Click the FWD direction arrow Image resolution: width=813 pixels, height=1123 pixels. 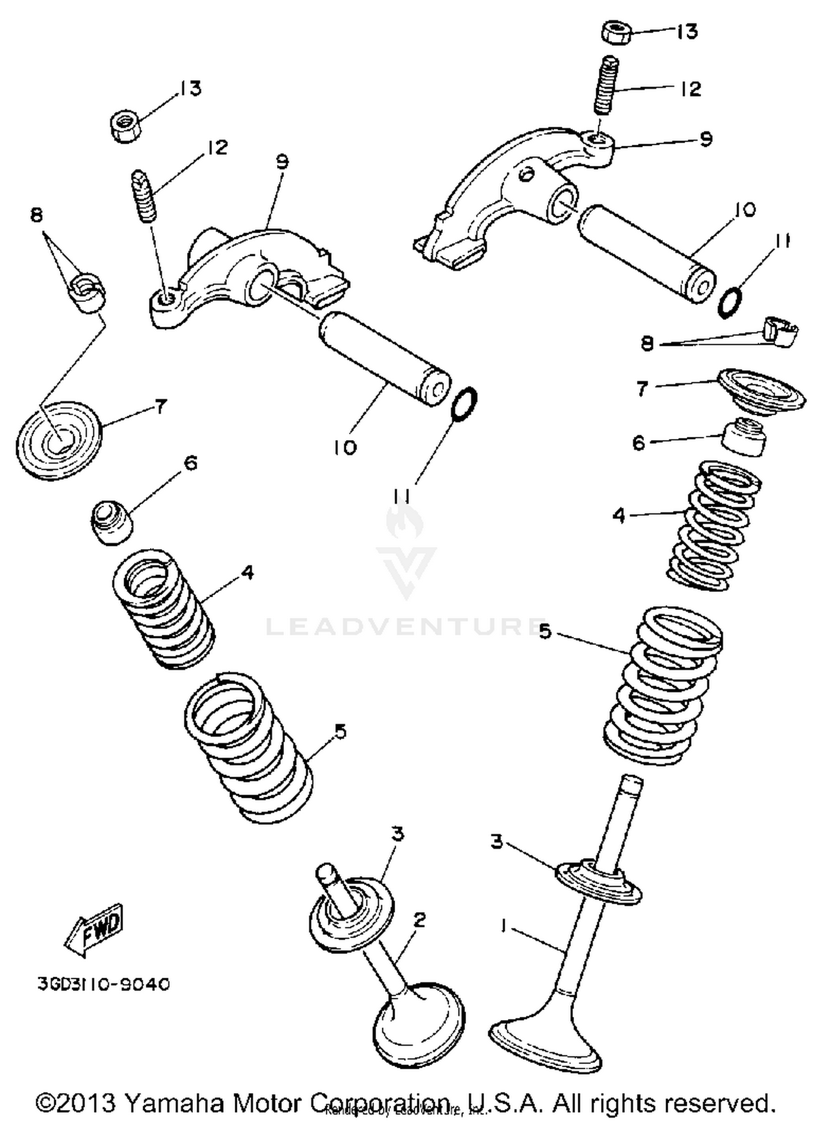pyautogui.click(x=95, y=929)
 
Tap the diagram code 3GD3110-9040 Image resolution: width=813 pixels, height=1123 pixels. pyautogui.click(x=104, y=984)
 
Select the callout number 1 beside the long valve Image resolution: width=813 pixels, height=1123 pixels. pyautogui.click(x=503, y=927)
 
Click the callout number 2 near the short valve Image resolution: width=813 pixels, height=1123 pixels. pyautogui.click(x=419, y=920)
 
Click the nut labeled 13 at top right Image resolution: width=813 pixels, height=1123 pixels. pyautogui.click(x=617, y=33)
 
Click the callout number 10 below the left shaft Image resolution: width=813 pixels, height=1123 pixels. pyautogui.click(x=345, y=448)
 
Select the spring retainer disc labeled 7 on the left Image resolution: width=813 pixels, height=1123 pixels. pyautogui.click(x=59, y=440)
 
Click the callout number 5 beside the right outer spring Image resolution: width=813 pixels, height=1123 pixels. pyautogui.click(x=545, y=631)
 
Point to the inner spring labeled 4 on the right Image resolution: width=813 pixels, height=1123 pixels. pyautogui.click(x=713, y=525)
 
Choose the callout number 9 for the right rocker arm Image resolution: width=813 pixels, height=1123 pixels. pyautogui.click(x=705, y=139)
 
